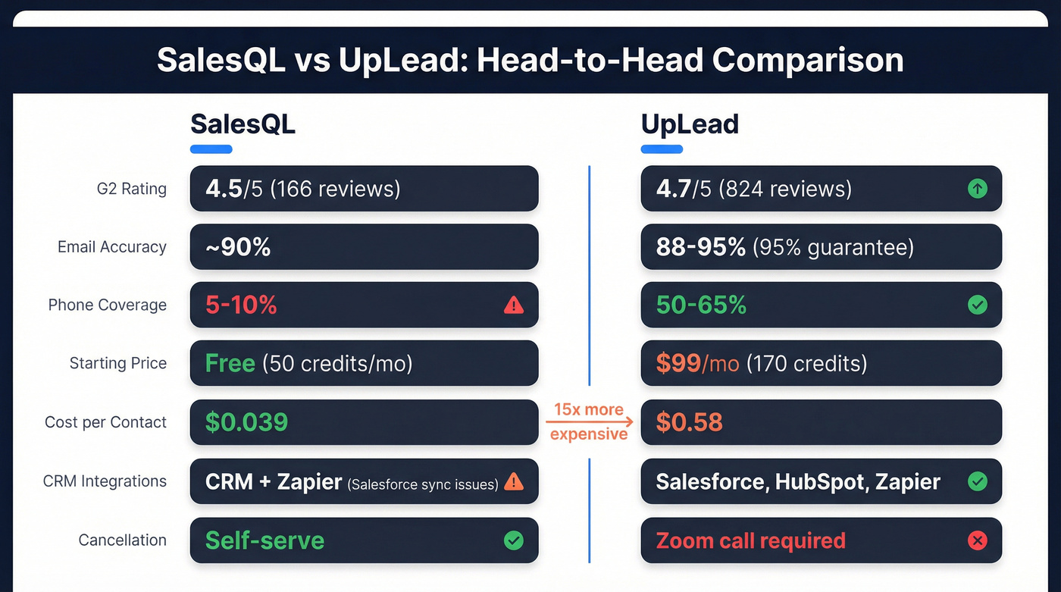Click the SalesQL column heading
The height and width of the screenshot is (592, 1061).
[243, 124]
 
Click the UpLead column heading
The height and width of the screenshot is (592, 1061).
[690, 124]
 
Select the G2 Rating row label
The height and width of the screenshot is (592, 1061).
[131, 189]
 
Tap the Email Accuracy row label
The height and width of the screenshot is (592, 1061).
[111, 247]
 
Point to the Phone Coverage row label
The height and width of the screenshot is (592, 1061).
[107, 305]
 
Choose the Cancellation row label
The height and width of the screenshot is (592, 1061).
[122, 540]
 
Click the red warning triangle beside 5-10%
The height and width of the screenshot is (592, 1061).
[513, 305]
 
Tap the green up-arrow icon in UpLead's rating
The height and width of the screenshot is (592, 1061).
[978, 188]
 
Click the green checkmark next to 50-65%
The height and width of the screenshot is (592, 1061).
[978, 305]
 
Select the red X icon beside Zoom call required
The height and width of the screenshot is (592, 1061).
[978, 540]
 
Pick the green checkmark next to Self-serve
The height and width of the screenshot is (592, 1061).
[513, 540]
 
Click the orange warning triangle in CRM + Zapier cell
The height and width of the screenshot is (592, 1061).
[513, 481]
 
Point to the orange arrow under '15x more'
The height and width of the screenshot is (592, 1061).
[589, 422]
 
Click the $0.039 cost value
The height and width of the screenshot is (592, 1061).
[246, 422]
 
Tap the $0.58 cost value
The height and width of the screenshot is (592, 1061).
[689, 422]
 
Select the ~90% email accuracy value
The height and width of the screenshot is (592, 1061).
[238, 247]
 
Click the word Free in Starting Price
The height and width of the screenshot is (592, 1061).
[230, 363]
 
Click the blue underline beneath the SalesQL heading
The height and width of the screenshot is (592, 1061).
[211, 149]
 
